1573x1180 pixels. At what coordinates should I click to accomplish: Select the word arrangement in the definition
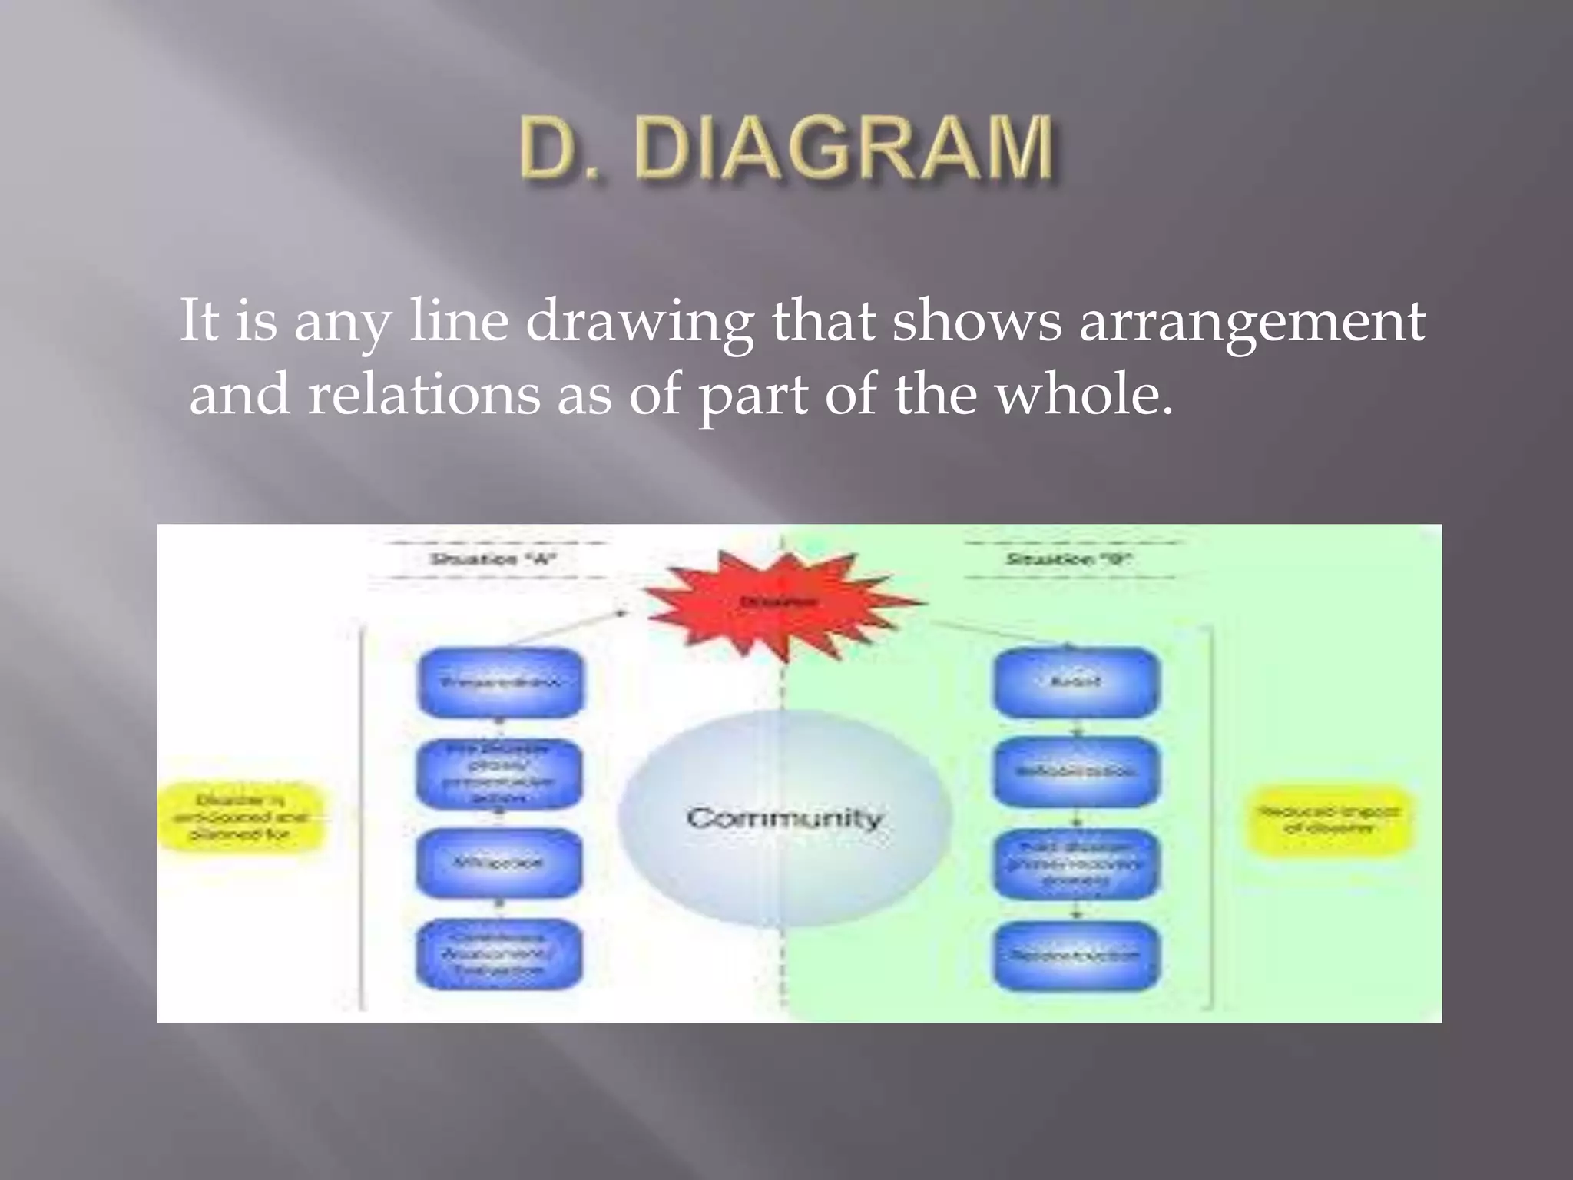pos(1252,320)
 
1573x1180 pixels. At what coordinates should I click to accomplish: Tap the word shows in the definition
pos(976,320)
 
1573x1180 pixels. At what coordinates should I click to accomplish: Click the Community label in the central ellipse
pos(784,817)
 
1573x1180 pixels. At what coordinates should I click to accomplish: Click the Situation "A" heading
pos(492,559)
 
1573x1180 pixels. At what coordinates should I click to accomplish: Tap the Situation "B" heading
pos(1068,559)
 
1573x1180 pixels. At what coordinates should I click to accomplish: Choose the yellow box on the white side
pos(241,817)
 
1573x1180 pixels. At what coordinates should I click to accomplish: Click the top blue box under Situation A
pos(500,682)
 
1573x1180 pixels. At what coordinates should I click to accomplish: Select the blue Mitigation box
pos(498,863)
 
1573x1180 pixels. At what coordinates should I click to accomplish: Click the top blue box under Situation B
pos(1076,682)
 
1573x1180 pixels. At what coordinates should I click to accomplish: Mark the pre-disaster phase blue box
pos(498,773)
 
